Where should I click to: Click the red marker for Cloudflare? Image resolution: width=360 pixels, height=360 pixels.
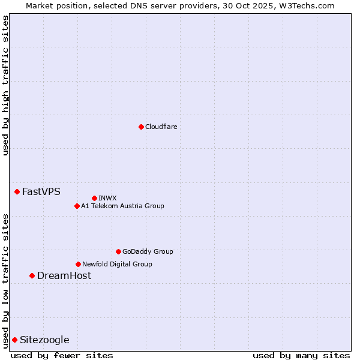[x=141, y=127]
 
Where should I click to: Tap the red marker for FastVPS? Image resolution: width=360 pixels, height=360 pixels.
[x=17, y=191]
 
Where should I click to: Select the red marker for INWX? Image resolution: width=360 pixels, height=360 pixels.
[x=94, y=198]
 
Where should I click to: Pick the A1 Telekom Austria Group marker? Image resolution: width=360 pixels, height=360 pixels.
[x=77, y=206]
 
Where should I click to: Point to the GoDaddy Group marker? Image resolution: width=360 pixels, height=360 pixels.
[x=118, y=251]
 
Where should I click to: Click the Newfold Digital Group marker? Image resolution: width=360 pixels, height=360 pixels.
[x=78, y=264]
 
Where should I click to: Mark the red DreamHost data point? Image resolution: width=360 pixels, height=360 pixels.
[x=32, y=275]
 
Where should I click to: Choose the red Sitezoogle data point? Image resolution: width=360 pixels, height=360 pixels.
[x=15, y=340]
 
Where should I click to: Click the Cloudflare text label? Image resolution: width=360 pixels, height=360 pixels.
[x=161, y=127]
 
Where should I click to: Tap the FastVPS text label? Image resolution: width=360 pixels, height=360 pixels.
[x=41, y=192]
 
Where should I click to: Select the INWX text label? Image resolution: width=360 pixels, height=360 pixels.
[x=107, y=198]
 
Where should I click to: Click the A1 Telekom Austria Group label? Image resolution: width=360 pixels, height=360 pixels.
[x=122, y=206]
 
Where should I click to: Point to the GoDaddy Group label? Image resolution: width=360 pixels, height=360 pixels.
[x=148, y=251]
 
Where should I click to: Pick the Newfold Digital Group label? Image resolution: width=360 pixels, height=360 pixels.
[x=117, y=264]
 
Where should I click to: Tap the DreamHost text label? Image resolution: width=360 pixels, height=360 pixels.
[x=64, y=276]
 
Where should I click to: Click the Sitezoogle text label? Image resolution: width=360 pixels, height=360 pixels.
[x=44, y=340]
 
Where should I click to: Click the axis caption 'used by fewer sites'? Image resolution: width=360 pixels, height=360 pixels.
[x=62, y=356]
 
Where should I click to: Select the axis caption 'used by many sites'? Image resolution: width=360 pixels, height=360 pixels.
[x=301, y=356]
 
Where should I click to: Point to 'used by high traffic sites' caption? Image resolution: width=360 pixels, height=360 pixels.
[x=5, y=85]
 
